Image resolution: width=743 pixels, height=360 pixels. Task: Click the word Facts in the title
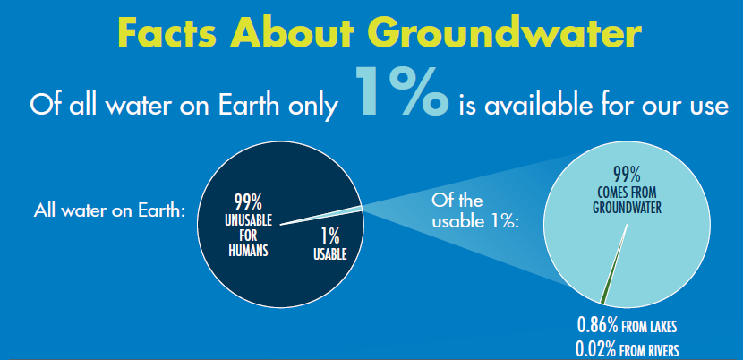[166, 33]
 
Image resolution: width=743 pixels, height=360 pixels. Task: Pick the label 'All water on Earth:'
[108, 211]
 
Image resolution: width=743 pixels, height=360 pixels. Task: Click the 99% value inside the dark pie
[248, 201]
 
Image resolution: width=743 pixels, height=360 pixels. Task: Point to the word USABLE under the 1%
[329, 255]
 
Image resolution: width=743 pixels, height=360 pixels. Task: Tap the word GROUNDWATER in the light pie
[627, 207]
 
